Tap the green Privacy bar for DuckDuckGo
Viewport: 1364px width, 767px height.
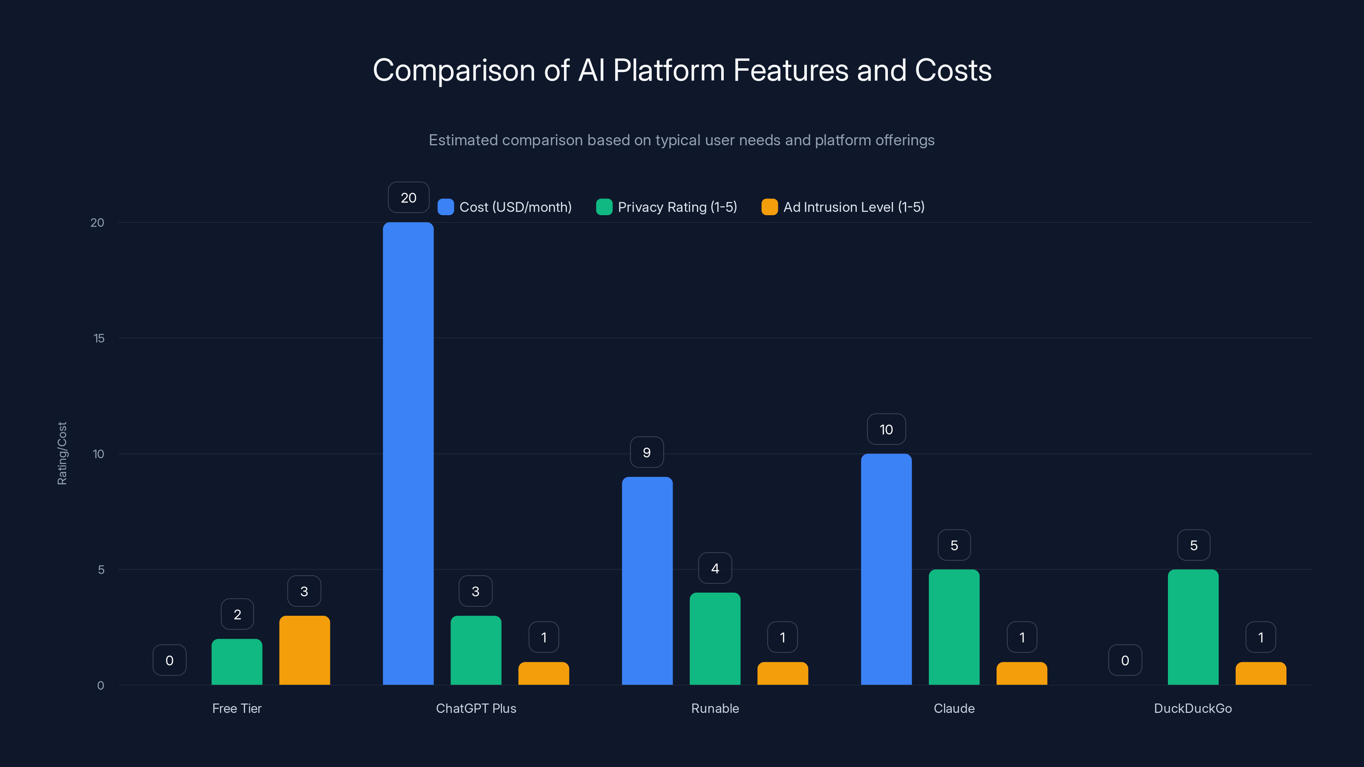point(1193,627)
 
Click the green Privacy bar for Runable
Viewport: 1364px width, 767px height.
point(715,638)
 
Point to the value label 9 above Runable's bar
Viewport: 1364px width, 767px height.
point(647,453)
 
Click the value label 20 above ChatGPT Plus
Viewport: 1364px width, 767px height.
point(408,197)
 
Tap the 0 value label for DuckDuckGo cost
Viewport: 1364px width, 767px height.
point(1125,660)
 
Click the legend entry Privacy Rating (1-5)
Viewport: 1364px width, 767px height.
point(677,207)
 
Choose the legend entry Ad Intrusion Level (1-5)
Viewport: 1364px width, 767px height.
point(853,207)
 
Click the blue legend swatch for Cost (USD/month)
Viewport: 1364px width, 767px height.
point(446,207)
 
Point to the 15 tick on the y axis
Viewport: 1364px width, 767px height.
point(98,338)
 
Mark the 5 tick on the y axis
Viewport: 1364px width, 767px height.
point(101,570)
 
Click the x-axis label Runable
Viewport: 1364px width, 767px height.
point(715,708)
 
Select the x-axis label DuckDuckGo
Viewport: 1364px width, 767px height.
point(1193,708)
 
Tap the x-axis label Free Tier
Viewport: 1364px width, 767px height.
point(237,708)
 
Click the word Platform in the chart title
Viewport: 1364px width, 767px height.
point(669,70)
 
